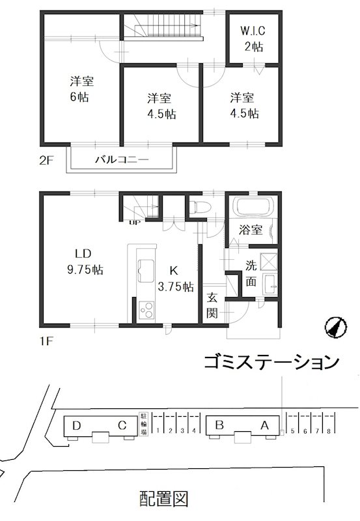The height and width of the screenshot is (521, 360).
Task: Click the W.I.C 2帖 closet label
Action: tap(252, 38)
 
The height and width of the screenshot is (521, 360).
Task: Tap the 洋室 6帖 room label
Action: tap(81, 90)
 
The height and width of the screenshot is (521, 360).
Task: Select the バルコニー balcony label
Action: tap(122, 159)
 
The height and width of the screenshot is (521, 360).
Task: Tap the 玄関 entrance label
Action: tap(212, 305)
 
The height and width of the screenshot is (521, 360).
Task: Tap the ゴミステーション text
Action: tap(271, 361)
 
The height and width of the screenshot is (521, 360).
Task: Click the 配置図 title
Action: tap(165, 499)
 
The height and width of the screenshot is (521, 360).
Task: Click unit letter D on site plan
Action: tap(77, 426)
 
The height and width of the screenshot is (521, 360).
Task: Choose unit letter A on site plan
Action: tap(264, 425)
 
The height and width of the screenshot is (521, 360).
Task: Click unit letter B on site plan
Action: tap(220, 425)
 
